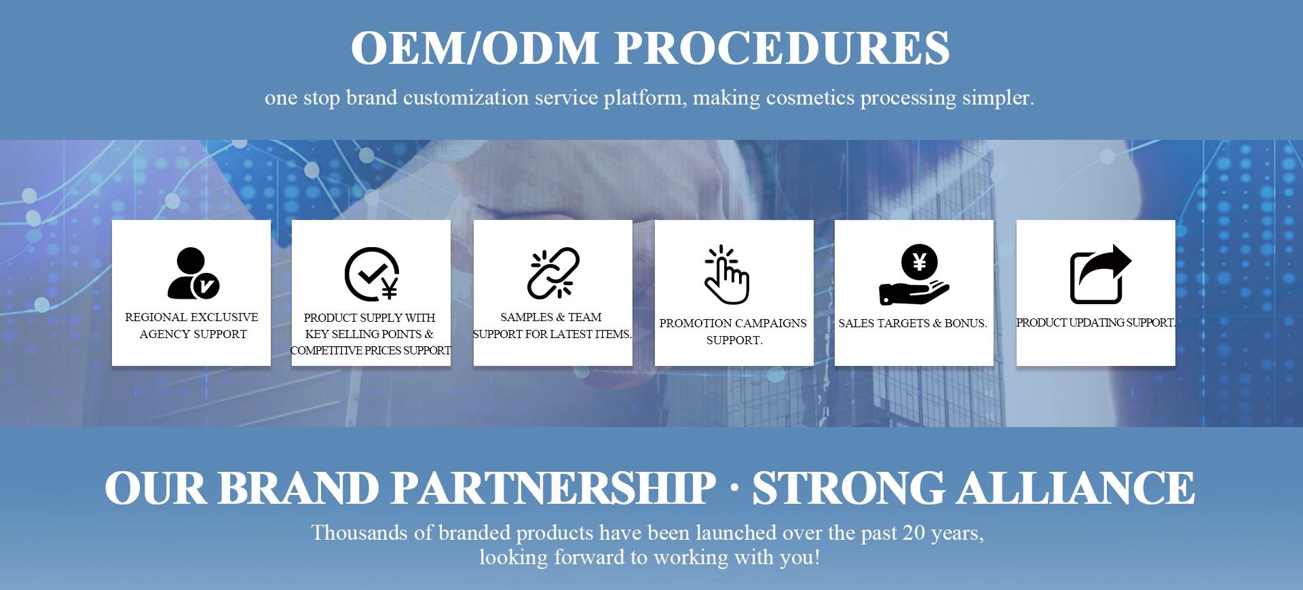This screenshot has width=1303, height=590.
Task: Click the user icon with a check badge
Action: [193, 273]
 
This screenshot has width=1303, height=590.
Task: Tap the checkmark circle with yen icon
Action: [371, 274]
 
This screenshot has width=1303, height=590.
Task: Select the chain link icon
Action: [553, 273]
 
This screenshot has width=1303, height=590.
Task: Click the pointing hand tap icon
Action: [727, 274]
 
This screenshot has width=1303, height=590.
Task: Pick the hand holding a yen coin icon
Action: [914, 274]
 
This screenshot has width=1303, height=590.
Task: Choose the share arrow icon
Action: [1101, 274]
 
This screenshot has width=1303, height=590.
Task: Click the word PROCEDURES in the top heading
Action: [782, 48]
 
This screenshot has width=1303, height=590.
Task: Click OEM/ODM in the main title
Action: [474, 48]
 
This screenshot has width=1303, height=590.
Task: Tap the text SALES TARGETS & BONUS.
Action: [913, 323]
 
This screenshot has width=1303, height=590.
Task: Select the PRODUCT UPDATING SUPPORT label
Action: [1095, 322]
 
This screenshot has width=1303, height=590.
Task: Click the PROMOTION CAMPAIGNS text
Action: [733, 323]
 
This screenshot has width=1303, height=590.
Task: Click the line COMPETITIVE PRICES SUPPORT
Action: [371, 350]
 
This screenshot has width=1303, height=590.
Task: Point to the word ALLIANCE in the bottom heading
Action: [1076, 488]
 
